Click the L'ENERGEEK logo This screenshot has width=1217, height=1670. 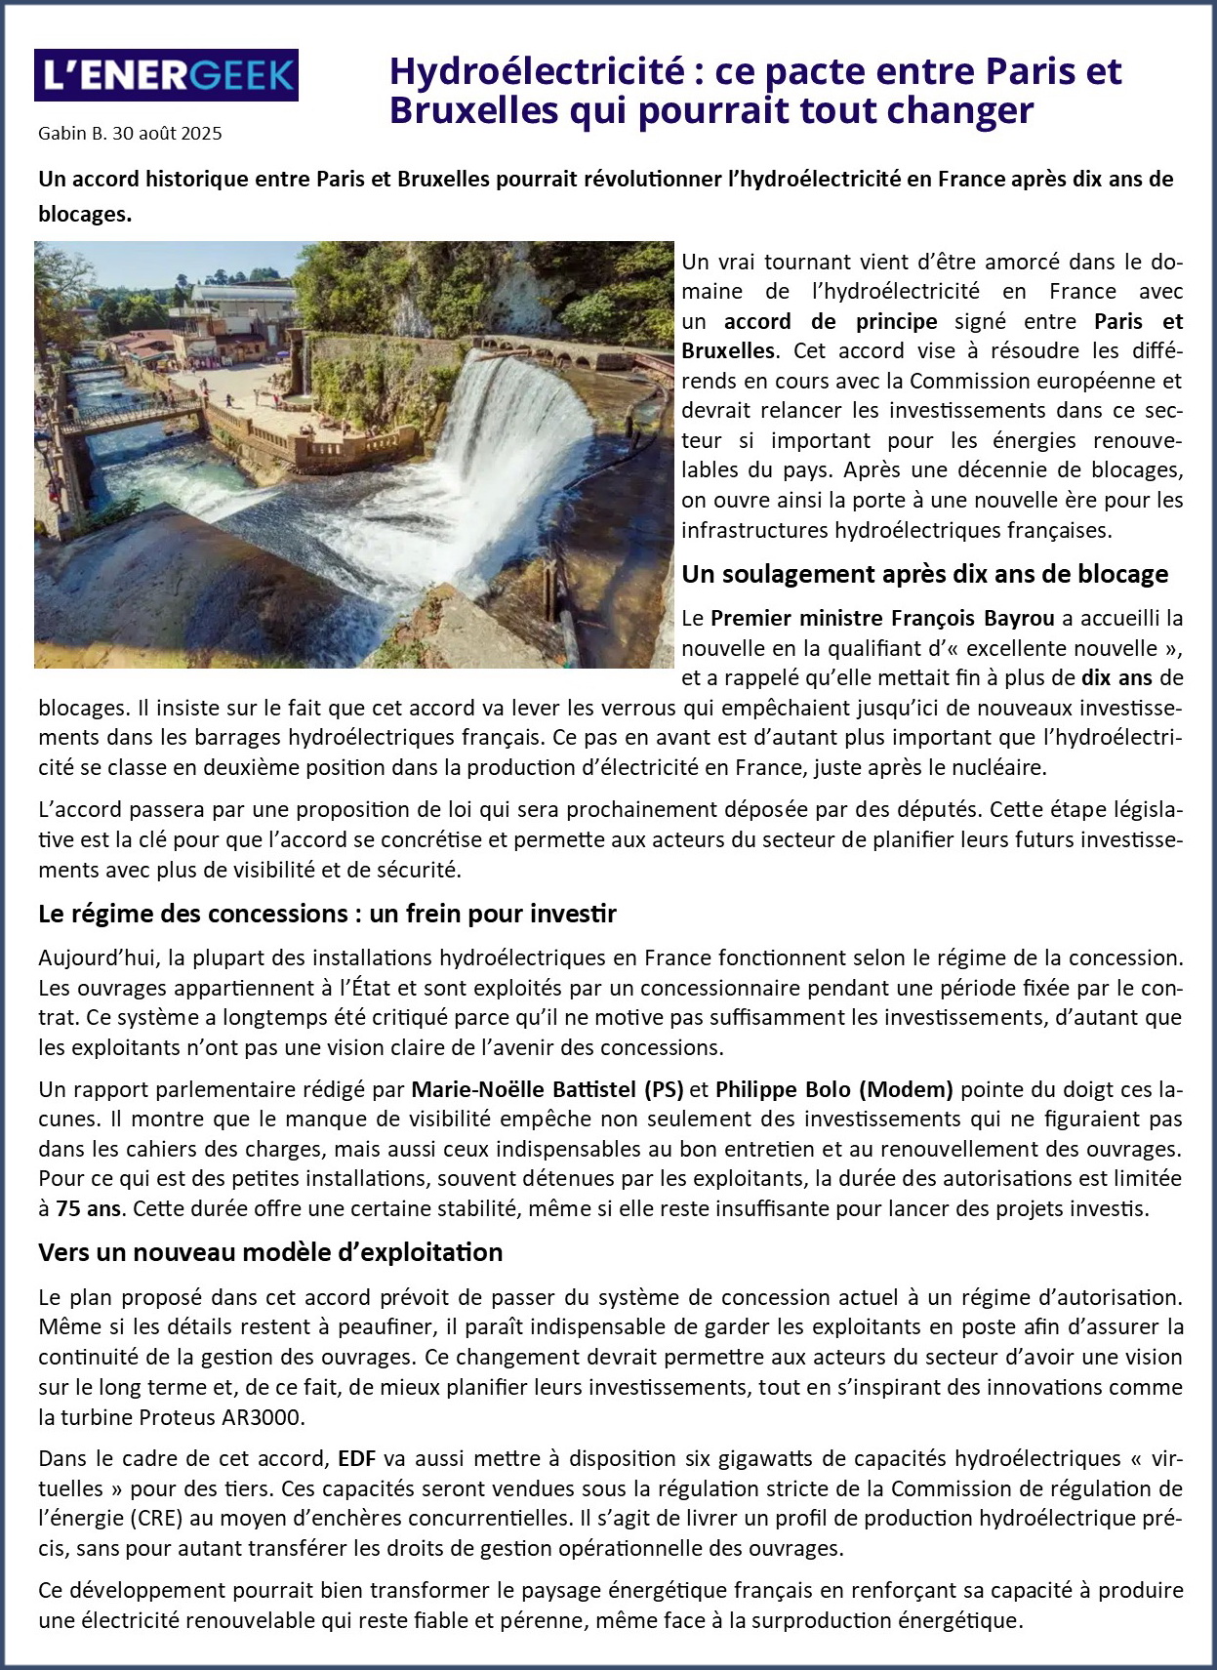[x=166, y=75]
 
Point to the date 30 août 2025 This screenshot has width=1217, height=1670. [x=167, y=134]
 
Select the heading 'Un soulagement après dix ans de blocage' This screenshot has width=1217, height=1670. [x=924, y=574]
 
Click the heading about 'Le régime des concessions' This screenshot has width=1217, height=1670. [x=327, y=914]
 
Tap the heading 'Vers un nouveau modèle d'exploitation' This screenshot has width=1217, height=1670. [x=270, y=1252]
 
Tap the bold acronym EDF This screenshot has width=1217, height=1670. [x=356, y=1459]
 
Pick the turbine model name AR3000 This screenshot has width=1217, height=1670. [x=264, y=1417]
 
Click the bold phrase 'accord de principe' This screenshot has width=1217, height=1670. [x=830, y=321]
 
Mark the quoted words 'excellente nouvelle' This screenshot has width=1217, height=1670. [x=1048, y=648]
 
